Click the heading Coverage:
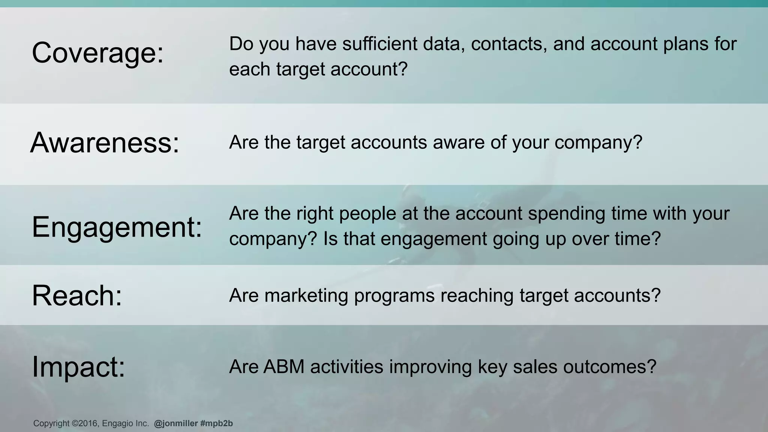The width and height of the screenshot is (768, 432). (98, 53)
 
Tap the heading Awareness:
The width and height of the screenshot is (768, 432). (105, 143)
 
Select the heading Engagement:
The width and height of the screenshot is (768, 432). (117, 227)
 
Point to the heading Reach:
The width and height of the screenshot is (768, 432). (77, 295)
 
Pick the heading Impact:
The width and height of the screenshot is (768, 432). (78, 366)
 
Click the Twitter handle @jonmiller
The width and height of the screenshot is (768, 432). (175, 423)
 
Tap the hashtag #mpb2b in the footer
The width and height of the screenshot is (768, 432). (216, 423)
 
